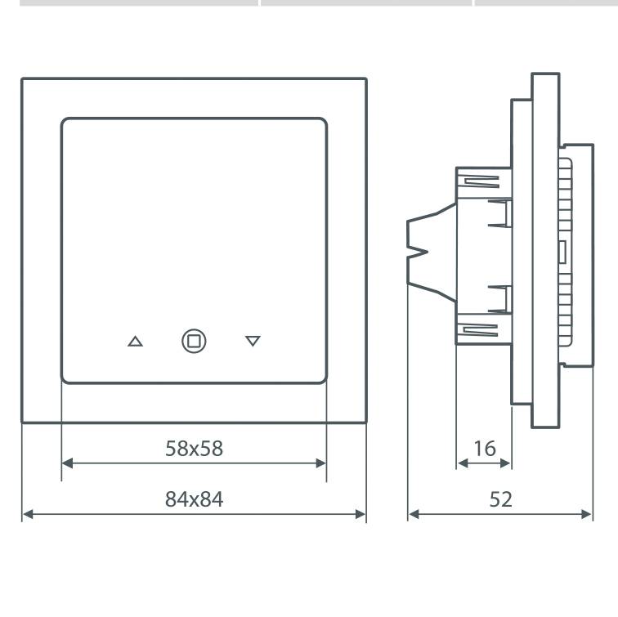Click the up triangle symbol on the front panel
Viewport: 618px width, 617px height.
point(135,342)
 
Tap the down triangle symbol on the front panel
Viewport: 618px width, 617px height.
point(253,341)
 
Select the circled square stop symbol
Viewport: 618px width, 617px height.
point(194,341)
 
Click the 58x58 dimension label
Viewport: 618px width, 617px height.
point(194,449)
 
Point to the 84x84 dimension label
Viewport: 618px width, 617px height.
point(194,499)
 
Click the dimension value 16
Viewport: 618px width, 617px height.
point(485,449)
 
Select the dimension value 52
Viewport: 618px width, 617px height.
point(500,499)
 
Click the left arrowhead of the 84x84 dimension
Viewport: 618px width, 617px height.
point(28,514)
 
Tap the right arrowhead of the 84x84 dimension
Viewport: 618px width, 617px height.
point(360,514)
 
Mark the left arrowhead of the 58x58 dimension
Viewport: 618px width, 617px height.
point(67,463)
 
